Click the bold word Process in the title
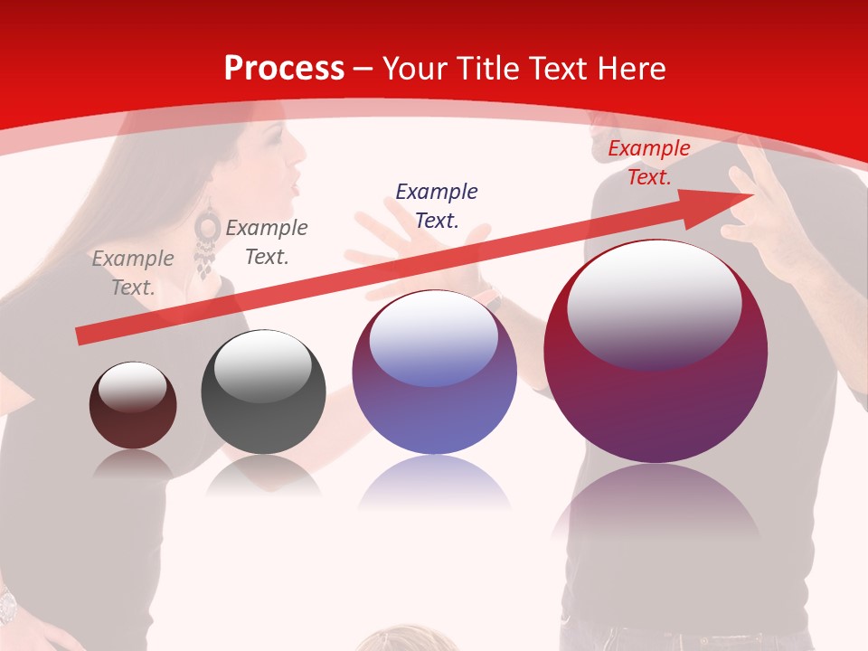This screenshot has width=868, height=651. tap(284, 68)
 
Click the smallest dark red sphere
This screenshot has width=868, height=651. tap(133, 405)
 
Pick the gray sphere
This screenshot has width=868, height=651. tap(263, 392)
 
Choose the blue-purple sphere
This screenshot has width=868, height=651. tap(434, 373)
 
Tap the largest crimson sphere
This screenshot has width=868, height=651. tap(656, 353)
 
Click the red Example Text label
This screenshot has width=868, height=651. tap(649, 163)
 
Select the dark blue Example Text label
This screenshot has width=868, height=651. tap(437, 205)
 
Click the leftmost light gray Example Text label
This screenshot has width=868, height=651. tap(133, 272)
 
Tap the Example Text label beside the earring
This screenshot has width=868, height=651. tap(267, 242)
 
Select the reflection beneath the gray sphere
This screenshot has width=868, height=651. tap(263, 476)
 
